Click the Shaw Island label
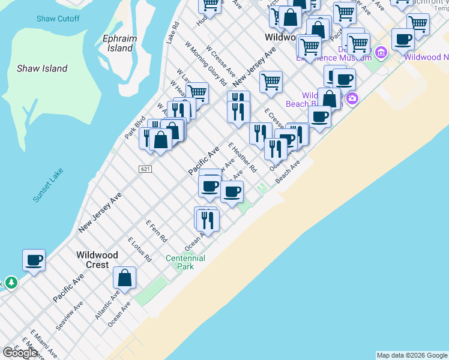point(42,68)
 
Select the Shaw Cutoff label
point(58,19)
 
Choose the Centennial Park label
point(185,262)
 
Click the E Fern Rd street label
point(156,230)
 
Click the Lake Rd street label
point(172,34)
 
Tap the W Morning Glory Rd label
point(205,63)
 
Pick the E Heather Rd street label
point(243,157)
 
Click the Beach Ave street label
point(287,172)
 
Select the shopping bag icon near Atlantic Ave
point(125,278)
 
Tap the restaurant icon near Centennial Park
point(206,219)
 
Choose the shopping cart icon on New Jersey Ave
point(271,81)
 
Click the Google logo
point(20,353)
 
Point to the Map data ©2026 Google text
point(412,355)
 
